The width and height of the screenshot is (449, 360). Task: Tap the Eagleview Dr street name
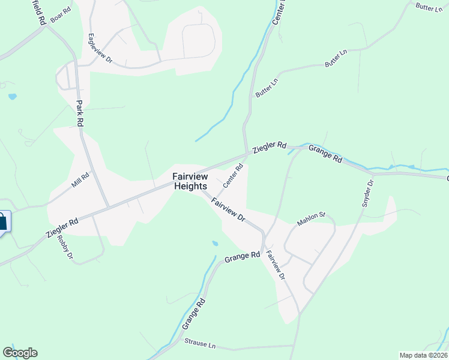pyautogui.click(x=100, y=48)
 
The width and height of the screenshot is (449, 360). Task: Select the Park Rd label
pyautogui.click(x=79, y=113)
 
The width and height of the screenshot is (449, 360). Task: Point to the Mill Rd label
pyautogui.click(x=80, y=180)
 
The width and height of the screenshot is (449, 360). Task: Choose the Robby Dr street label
pyautogui.click(x=64, y=247)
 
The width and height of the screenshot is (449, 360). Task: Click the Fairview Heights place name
pyautogui.click(x=190, y=181)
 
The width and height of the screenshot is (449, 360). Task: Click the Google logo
pyautogui.click(x=20, y=353)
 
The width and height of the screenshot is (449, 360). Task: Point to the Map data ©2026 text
pyautogui.click(x=424, y=355)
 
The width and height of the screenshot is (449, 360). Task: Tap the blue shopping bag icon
pyautogui.click(x=2, y=221)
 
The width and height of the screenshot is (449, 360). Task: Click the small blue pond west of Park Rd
pyautogui.click(x=12, y=97)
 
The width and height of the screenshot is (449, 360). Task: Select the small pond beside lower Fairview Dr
pyautogui.click(x=215, y=244)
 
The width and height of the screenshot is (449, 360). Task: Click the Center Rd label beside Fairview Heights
pyautogui.click(x=232, y=176)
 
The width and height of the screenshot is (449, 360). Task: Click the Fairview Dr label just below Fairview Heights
pyautogui.click(x=229, y=209)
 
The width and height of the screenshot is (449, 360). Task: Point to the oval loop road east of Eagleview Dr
pyautogui.click(x=197, y=40)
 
